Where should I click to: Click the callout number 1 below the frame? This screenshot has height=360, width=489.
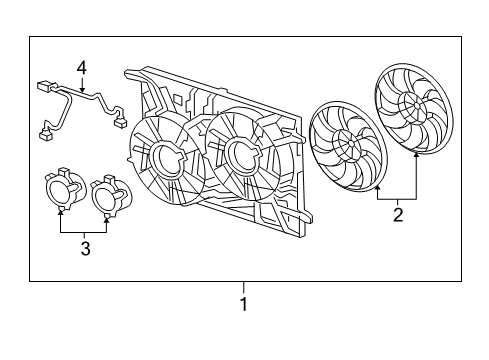pyautogui.click(x=242, y=304)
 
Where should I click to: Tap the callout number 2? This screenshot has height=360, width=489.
pyautogui.click(x=398, y=213)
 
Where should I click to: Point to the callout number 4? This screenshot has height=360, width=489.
pyautogui.click(x=82, y=68)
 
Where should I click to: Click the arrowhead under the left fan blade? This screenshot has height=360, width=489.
pyautogui.click(x=377, y=189)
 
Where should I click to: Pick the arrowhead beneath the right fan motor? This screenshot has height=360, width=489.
pyautogui.click(x=108, y=214)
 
